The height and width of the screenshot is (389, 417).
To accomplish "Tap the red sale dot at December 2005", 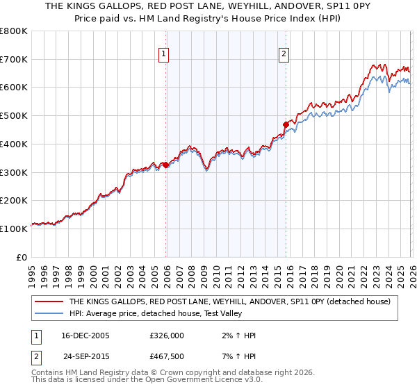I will tap(166, 165).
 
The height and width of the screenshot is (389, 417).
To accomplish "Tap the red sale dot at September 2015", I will tap(286, 125).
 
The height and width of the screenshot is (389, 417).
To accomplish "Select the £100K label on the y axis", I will tap(14, 229).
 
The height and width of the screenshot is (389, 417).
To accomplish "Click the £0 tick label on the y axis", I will tap(21, 257).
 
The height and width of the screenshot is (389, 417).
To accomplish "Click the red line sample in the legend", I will tap(50, 301).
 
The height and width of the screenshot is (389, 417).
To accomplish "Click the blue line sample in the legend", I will tap(50, 313).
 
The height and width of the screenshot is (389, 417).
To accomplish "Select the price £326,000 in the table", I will tap(167, 336).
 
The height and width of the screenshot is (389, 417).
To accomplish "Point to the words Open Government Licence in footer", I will tap(184, 381).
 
